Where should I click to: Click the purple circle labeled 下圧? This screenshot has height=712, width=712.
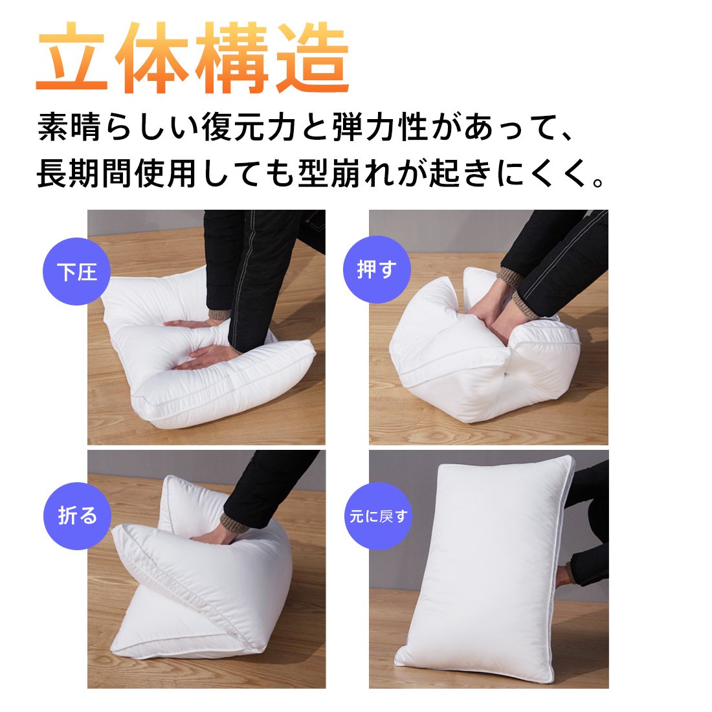[x=76, y=271]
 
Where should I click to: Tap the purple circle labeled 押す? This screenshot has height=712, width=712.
[x=377, y=269]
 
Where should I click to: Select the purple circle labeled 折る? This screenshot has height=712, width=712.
[x=77, y=516]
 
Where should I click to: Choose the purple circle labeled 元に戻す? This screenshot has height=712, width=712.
[x=378, y=516]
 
